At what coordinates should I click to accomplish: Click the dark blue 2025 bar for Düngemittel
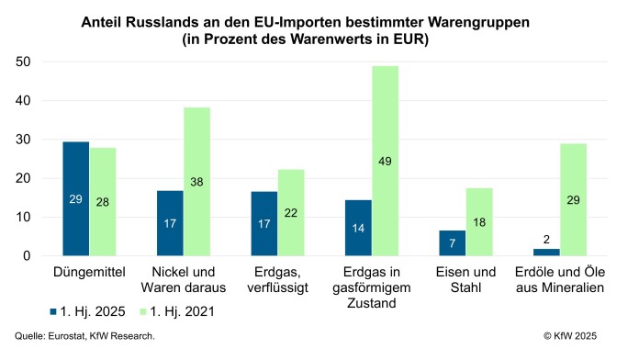(x=76, y=199)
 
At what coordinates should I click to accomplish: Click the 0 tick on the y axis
(x=28, y=256)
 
